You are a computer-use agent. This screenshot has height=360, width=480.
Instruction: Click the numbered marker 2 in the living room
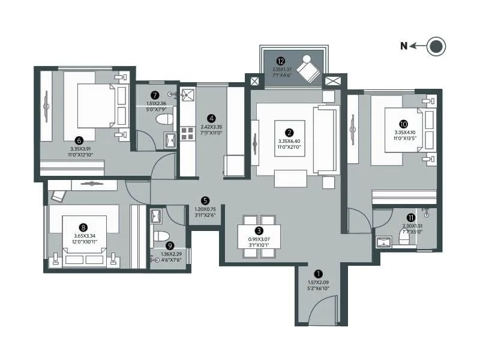289,133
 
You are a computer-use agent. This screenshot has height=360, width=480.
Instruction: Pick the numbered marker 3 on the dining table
259,230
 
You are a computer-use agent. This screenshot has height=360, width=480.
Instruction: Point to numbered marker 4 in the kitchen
211,118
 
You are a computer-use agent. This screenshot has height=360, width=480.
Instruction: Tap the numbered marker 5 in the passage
205,200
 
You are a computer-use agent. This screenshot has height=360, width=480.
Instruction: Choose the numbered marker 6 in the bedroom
79,140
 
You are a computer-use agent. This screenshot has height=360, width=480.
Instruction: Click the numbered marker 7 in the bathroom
155,95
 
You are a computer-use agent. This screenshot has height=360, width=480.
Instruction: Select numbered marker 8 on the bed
83,227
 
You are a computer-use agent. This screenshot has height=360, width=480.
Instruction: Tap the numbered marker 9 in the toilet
170,245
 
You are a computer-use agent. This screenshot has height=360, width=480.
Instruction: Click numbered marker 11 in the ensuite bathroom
410,217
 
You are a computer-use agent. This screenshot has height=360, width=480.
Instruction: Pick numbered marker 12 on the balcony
281,61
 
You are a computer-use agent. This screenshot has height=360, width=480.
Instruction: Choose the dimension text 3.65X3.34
83,236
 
